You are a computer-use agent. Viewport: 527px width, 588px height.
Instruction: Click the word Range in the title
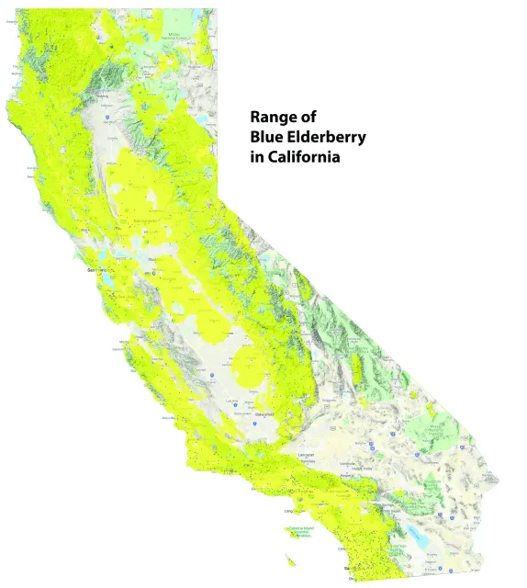pyautogui.click(x=272, y=119)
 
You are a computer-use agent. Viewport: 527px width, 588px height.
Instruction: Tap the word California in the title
pyautogui.click(x=303, y=158)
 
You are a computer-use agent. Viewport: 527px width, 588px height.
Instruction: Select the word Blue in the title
pyautogui.click(x=267, y=138)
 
